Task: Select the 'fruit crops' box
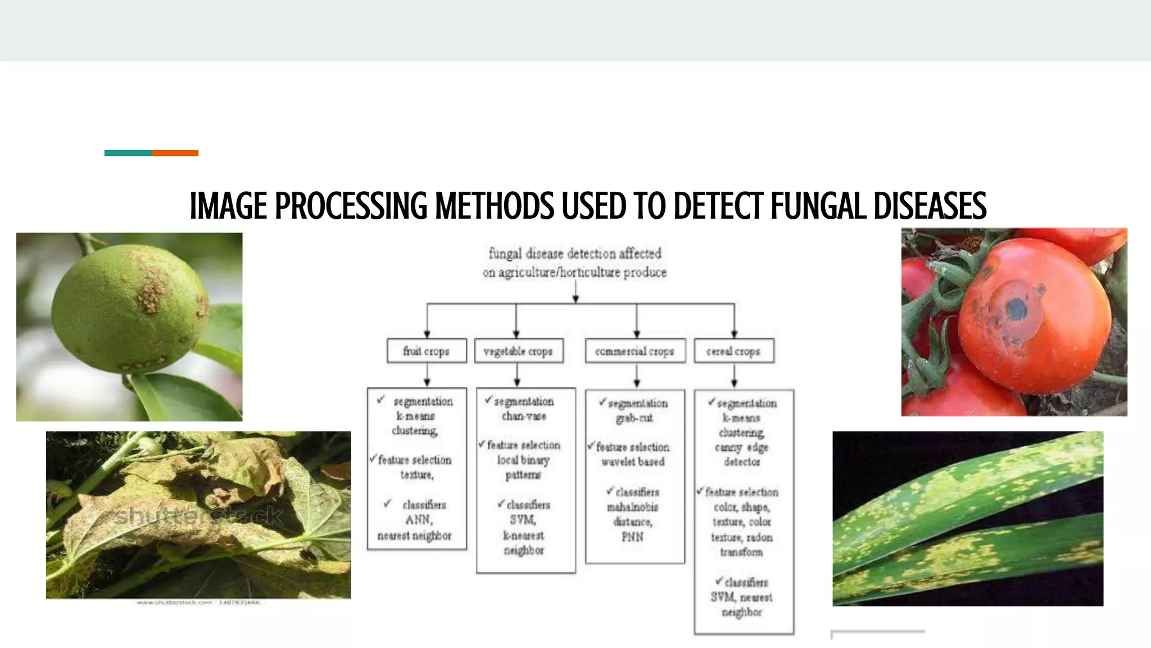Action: coord(427,351)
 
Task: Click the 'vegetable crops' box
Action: coord(518,351)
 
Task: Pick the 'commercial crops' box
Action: coord(635,351)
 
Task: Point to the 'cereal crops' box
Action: coord(733,351)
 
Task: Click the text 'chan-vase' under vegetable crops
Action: coord(524,416)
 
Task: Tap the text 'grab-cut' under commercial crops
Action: coord(635,418)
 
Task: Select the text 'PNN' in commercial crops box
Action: coord(633,537)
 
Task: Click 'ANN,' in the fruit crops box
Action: coord(419,520)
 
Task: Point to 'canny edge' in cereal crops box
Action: coord(741,448)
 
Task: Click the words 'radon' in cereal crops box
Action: coord(759,537)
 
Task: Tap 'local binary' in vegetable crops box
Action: coord(523,460)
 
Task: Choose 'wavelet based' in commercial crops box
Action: coord(633,462)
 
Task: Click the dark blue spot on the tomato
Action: coord(1016,309)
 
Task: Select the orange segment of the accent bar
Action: coord(175,153)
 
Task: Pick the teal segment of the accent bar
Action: coord(128,153)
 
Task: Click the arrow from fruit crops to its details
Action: coord(427,375)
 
